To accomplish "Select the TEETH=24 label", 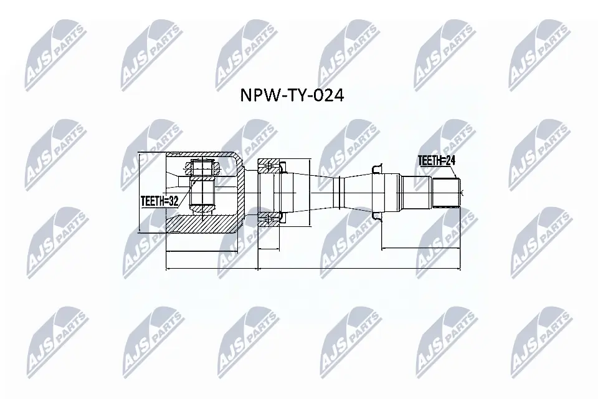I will pyautogui.click(x=437, y=161).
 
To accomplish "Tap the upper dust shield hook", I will pyautogui.click(x=376, y=168).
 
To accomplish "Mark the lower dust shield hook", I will pyautogui.click(x=376, y=216).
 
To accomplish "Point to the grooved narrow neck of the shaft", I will pyautogui.click(x=339, y=191).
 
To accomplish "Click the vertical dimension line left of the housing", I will pyautogui.click(x=139, y=191).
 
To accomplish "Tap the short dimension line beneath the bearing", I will pyautogui.click(x=269, y=249).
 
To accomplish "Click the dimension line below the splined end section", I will pyautogui.click(x=420, y=249).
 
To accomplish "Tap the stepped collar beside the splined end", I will pyautogui.click(x=415, y=191).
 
